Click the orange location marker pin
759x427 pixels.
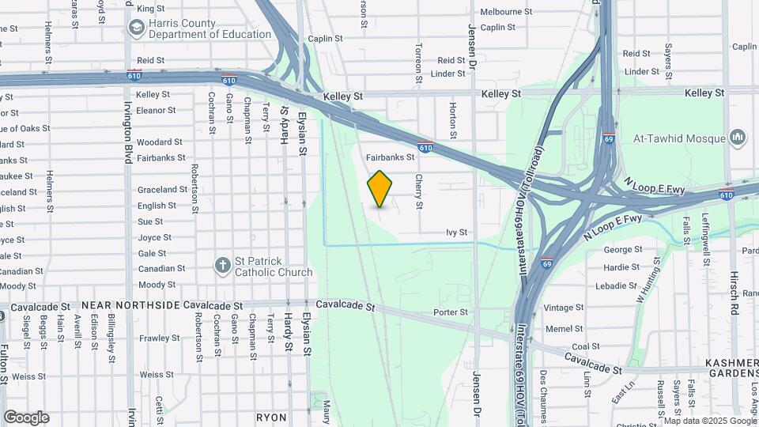[x=379, y=189]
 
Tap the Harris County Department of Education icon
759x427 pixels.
[x=136, y=28]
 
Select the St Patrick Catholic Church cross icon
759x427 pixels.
[x=224, y=266]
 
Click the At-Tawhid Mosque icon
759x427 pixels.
[x=738, y=138]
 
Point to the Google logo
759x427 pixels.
[x=26, y=418]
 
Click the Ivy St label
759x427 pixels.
[x=457, y=232]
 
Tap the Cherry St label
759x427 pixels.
[x=418, y=192]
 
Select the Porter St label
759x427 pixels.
[x=451, y=312]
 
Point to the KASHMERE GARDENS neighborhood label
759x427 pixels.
[x=732, y=368]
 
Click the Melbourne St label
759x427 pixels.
[x=506, y=12]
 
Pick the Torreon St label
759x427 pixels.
[x=418, y=63]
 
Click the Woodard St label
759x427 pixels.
[x=160, y=142]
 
